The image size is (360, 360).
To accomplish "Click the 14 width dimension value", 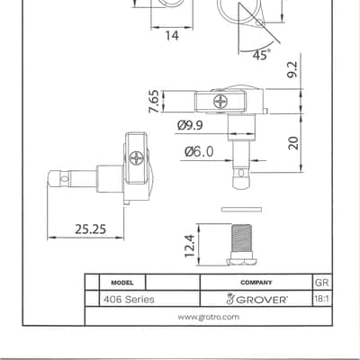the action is [x=172, y=36].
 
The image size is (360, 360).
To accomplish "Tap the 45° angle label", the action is [x=261, y=54].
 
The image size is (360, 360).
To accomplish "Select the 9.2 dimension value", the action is [x=292, y=69].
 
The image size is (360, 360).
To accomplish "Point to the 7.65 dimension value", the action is [x=154, y=102].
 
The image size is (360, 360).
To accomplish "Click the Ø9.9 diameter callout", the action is [x=190, y=125].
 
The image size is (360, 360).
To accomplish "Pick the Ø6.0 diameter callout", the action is [x=199, y=151].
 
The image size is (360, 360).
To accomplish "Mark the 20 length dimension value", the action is [x=293, y=143].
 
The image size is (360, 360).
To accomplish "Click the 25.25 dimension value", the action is [x=91, y=229].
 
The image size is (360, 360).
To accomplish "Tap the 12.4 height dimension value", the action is [x=190, y=246].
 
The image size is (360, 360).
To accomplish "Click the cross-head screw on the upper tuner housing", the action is [x=220, y=102].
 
